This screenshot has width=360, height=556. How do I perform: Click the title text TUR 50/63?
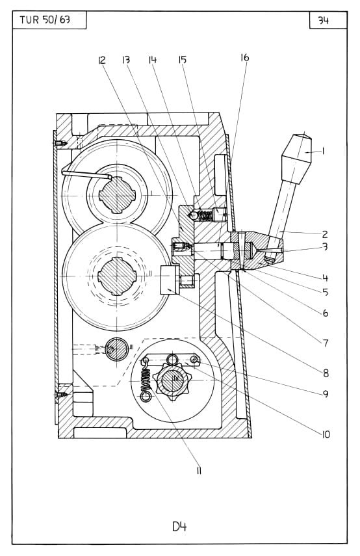pyautogui.click(x=45, y=20)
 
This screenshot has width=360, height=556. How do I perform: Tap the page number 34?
pyautogui.click(x=323, y=21)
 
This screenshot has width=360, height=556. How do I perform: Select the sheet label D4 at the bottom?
pyautogui.click(x=179, y=527)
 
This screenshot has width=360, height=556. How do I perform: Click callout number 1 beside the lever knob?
pyautogui.click(x=323, y=152)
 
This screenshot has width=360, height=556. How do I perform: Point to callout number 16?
pyautogui.click(x=245, y=57)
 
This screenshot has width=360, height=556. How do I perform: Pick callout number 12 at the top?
pyautogui.click(x=101, y=60)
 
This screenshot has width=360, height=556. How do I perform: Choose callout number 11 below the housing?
pyautogui.click(x=199, y=471)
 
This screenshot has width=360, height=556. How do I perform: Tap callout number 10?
pyautogui.click(x=326, y=434)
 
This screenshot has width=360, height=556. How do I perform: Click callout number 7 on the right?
pyautogui.click(x=326, y=343)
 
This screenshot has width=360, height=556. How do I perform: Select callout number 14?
pyautogui.click(x=152, y=60)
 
